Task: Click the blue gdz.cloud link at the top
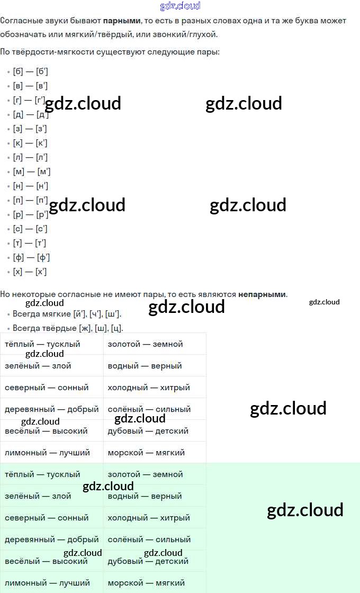[180, 6]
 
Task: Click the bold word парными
[122, 21]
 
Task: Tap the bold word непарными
[262, 294]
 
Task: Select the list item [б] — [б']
[30, 71]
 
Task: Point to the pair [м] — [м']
[31, 172]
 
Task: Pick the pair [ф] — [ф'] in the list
[31, 257]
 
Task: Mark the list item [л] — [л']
[30, 157]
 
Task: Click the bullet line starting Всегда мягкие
[67, 314]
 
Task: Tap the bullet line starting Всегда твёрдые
[68, 328]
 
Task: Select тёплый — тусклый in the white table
[42, 344]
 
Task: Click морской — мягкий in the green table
[146, 583]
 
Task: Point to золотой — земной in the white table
[145, 344]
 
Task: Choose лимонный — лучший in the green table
[47, 583]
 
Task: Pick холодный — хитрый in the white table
[149, 388]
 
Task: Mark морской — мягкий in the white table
[146, 453]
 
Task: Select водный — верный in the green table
[145, 496]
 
